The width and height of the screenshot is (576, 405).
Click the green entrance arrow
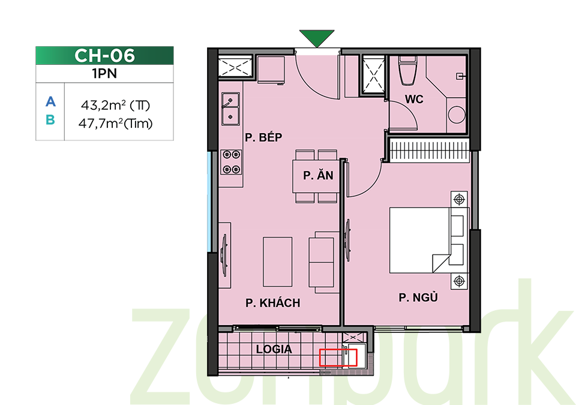(317, 37)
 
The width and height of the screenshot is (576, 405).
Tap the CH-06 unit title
(104, 55)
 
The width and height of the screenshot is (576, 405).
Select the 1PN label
(104, 74)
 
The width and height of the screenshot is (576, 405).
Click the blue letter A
(50, 101)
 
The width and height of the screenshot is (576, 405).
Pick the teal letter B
(50, 120)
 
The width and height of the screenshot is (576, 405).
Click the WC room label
(414, 99)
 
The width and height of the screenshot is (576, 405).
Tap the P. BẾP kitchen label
(263, 137)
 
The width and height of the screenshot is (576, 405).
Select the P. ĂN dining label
(318, 175)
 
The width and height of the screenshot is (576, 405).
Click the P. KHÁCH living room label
(272, 303)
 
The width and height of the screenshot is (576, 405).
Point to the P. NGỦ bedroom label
(418, 297)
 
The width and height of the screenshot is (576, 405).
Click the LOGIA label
(274, 349)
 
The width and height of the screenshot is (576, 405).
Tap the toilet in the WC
(408, 71)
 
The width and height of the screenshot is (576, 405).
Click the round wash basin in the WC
(457, 115)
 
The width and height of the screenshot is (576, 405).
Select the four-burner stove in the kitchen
(232, 162)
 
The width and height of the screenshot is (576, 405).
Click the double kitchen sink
(230, 109)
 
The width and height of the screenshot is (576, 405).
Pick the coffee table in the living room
(278, 262)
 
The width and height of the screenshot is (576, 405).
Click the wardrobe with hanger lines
(430, 150)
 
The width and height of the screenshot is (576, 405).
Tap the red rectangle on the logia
(338, 358)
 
